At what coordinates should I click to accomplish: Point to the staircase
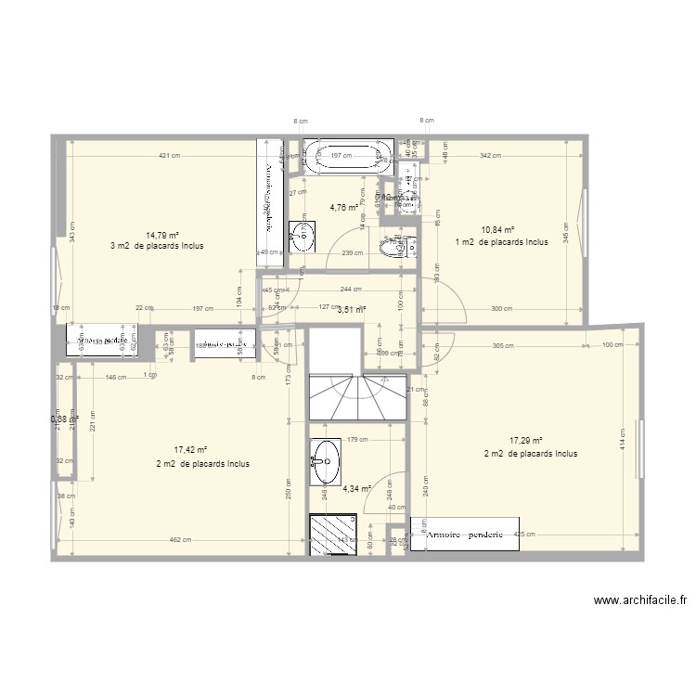pos(356,394)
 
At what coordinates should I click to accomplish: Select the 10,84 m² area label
pos(496,230)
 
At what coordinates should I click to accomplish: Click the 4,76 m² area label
pos(343,208)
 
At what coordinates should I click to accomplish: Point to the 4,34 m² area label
pos(356,488)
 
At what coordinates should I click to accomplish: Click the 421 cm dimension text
pos(168,156)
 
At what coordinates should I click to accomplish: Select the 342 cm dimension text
pos(490,156)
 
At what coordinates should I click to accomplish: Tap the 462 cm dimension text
pos(181,540)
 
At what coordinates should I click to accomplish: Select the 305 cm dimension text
pos(503,344)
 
